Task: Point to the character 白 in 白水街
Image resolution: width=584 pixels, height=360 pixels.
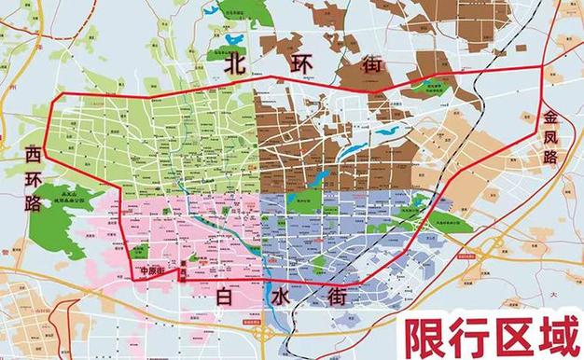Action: point(225,298)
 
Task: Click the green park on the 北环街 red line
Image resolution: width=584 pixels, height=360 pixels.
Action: point(436,86)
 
